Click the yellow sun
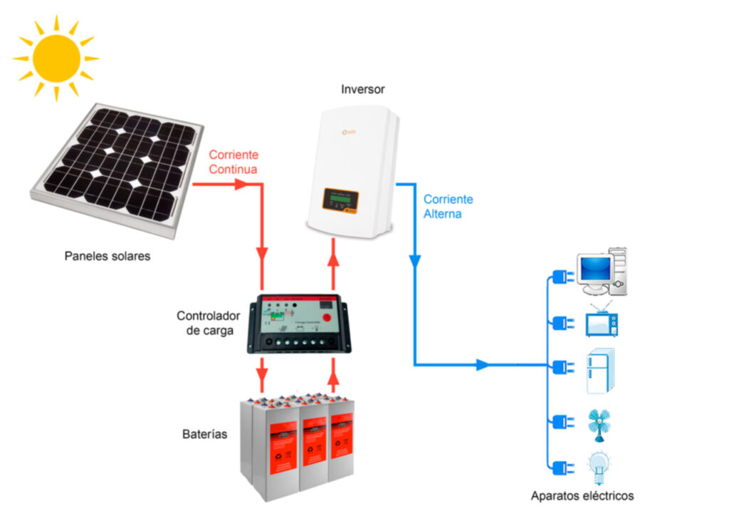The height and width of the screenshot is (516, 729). (56, 58)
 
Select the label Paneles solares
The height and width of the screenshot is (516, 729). (107, 256)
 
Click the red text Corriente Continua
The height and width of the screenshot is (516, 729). (234, 162)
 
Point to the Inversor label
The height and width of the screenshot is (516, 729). (363, 90)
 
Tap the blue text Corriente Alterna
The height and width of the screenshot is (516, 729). (448, 206)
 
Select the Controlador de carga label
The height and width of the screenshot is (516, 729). (205, 323)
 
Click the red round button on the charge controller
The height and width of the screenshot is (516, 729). (326, 319)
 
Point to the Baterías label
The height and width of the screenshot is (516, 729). (204, 433)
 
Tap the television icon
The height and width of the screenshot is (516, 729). (602, 323)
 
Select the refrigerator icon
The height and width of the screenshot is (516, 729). (600, 371)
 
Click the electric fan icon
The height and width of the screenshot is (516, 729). (599, 422)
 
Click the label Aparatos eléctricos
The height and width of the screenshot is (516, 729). (582, 495)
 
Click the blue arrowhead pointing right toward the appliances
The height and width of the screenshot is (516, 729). (482, 365)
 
